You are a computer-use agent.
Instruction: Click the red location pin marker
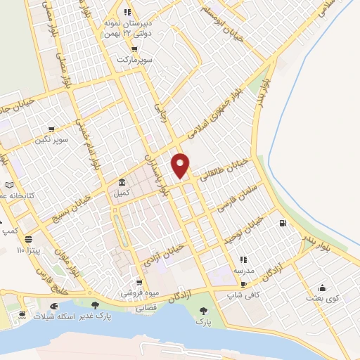tap(181, 165)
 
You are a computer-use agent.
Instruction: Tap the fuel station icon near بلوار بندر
tap(283, 224)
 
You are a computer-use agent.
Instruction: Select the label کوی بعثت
tap(322, 298)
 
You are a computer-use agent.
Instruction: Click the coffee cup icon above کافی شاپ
tap(243, 284)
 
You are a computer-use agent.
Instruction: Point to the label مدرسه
tap(244, 270)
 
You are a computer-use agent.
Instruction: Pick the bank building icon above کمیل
tap(122, 181)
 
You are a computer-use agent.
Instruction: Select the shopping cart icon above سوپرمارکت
tap(133, 49)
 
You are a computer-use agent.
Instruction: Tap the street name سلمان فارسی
tap(239, 195)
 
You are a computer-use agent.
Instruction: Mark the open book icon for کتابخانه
tap(10, 183)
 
